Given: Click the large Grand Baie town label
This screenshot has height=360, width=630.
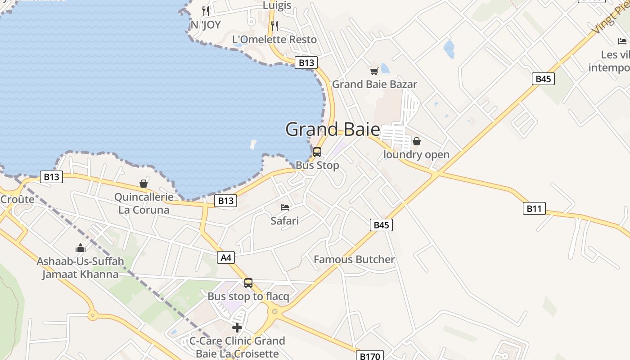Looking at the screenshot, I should click(x=333, y=130).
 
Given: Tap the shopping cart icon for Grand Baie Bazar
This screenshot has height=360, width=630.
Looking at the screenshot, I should click(x=374, y=71).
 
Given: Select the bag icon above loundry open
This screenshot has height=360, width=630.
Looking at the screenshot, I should click(x=417, y=141).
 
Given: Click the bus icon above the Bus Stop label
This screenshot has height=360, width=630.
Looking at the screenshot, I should click(x=317, y=152).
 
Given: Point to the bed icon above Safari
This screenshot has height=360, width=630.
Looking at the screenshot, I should click(x=285, y=207).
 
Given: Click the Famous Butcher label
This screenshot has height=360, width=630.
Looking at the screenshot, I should click(x=354, y=259).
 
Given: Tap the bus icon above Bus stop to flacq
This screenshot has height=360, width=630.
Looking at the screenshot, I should click(x=248, y=283).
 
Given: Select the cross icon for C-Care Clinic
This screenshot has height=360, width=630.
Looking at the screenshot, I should click(x=237, y=328).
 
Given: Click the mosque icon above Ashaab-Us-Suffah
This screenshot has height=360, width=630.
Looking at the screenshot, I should click(x=81, y=248).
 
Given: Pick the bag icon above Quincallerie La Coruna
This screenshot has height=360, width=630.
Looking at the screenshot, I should click(x=144, y=184).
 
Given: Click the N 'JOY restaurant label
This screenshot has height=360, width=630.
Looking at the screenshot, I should click(x=206, y=25).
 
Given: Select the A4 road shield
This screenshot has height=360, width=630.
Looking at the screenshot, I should click(x=226, y=257).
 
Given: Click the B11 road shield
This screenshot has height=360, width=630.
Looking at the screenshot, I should click(x=534, y=208).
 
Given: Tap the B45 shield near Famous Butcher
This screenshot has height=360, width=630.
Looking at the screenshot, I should click(x=381, y=225).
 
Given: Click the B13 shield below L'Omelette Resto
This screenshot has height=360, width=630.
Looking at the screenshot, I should click(x=306, y=63).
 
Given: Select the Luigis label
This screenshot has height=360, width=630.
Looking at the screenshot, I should click(x=277, y=5).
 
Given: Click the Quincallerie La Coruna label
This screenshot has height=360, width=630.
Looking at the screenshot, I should click(x=144, y=203).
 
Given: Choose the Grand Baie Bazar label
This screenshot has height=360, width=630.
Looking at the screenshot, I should click(x=374, y=84).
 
